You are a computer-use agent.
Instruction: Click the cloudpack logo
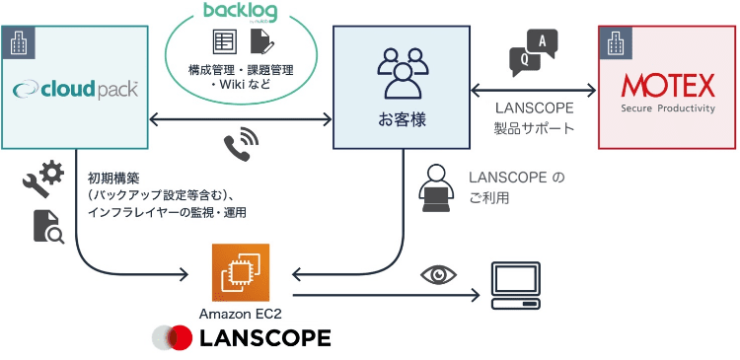coord(75,90)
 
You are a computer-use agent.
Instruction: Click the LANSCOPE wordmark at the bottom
coord(264,338)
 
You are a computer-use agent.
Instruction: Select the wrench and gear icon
coord(43,180)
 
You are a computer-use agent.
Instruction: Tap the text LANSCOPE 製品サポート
coord(533,118)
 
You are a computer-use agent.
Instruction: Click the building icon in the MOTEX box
coord(618,44)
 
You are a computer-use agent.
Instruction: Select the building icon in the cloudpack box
coord(19,43)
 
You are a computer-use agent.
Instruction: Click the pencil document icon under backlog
coord(261,41)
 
